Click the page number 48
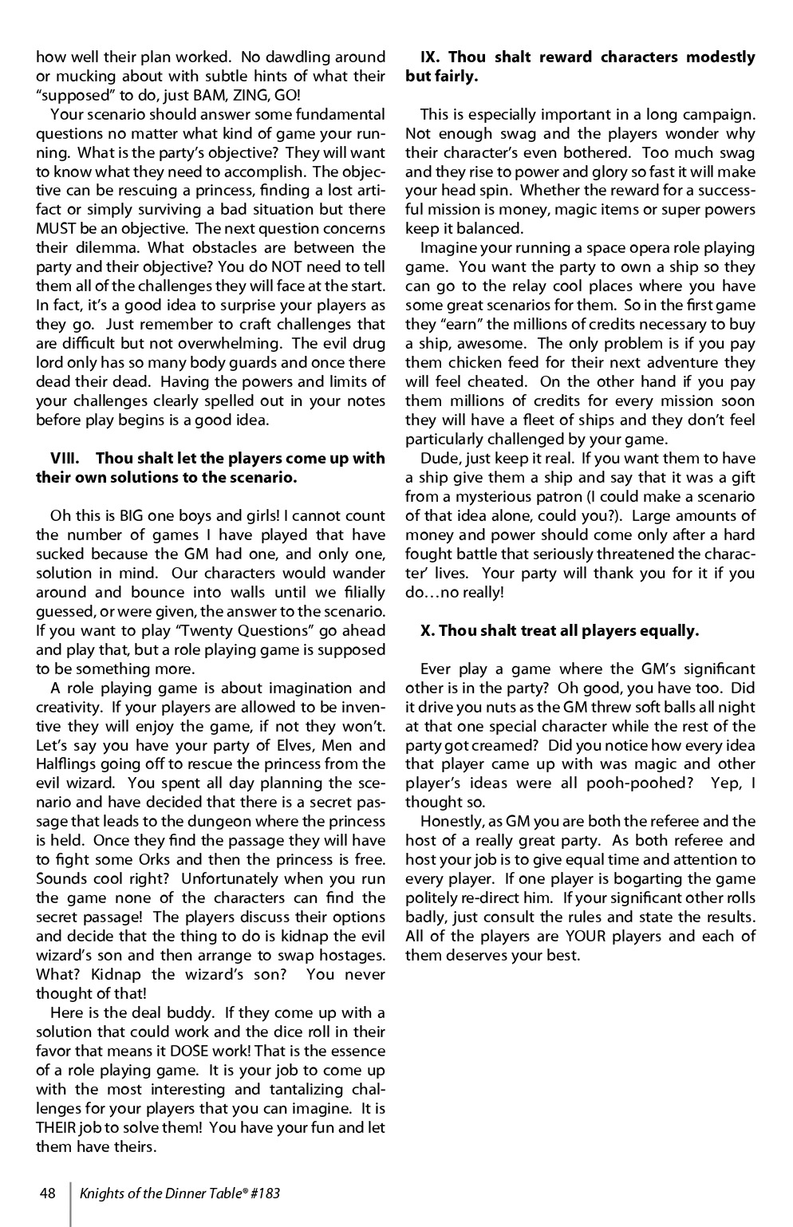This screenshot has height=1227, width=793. pos(47,1193)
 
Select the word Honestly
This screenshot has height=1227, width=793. pos(452,822)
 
